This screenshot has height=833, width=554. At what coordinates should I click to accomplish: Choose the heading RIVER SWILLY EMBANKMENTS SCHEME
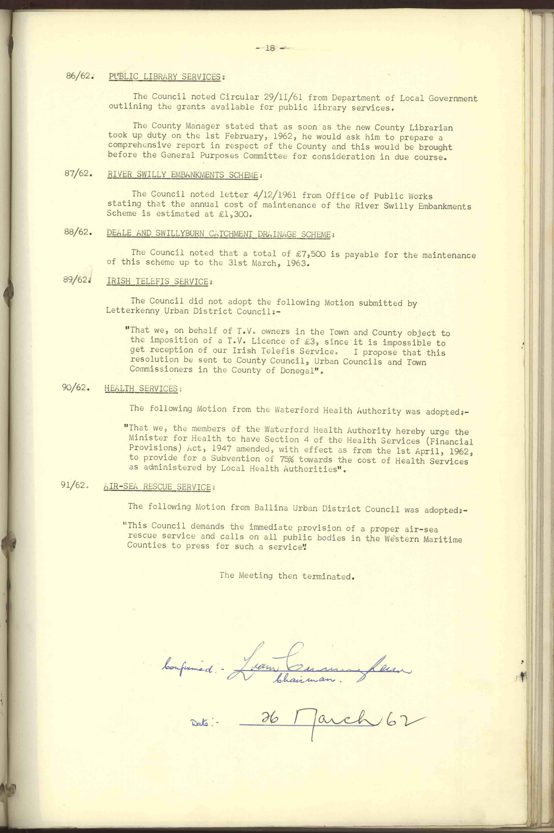[x=182, y=175]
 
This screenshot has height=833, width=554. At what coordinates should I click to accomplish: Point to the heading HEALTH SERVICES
[x=141, y=389]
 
